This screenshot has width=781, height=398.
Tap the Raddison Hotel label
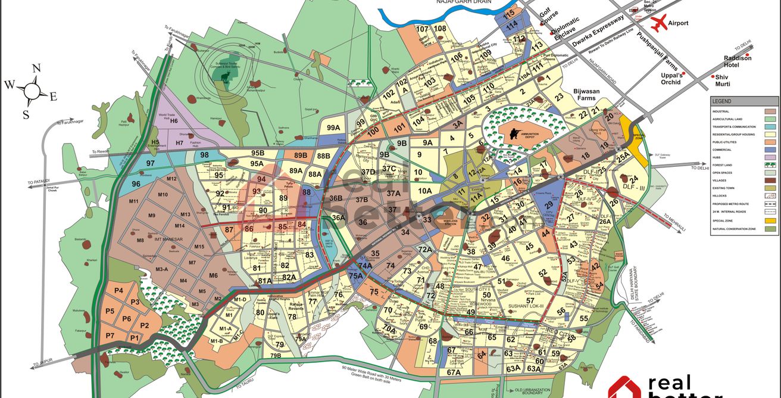click(738, 61)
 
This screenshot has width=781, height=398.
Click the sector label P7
click(110, 336)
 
